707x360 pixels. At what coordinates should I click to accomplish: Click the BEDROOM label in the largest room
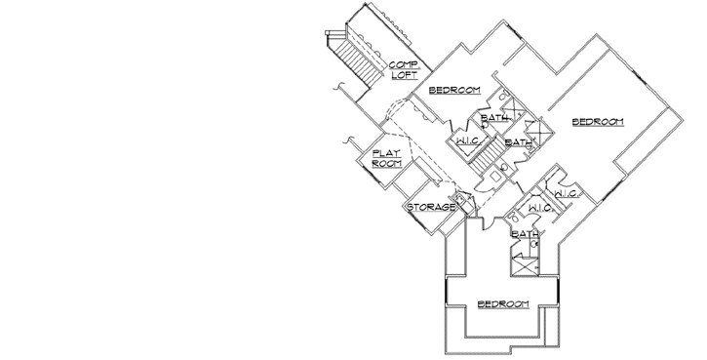click(597, 121)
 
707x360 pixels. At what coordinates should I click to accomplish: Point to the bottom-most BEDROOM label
click(502, 304)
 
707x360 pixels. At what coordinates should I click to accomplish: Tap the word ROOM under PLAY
click(387, 164)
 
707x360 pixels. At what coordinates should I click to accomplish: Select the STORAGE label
click(430, 208)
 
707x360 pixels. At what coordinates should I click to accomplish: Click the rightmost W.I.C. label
click(568, 195)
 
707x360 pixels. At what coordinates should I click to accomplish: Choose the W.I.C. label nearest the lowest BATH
click(541, 208)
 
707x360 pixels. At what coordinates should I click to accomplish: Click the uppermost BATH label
click(495, 119)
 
